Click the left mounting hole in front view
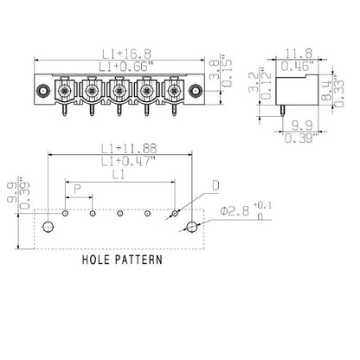coord(41,91)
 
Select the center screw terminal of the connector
coord(117,89)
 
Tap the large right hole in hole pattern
coord(192,227)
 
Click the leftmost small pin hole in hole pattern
coord(66,212)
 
